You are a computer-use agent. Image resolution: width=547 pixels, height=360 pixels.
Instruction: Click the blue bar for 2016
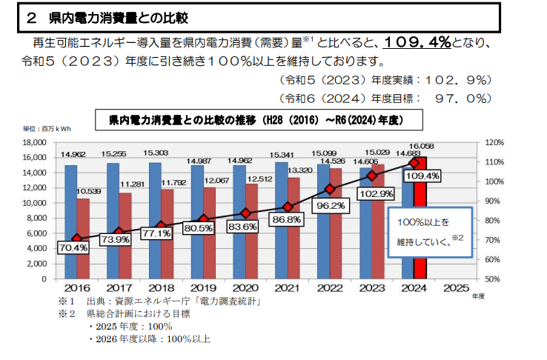[71, 222]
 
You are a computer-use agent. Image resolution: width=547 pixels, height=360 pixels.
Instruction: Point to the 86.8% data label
[285, 219]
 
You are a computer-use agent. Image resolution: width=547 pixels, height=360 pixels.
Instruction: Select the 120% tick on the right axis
[474, 142]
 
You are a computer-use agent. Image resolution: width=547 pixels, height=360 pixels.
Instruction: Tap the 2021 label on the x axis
[285, 287]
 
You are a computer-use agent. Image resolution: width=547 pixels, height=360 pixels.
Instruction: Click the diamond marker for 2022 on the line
[331, 189]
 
